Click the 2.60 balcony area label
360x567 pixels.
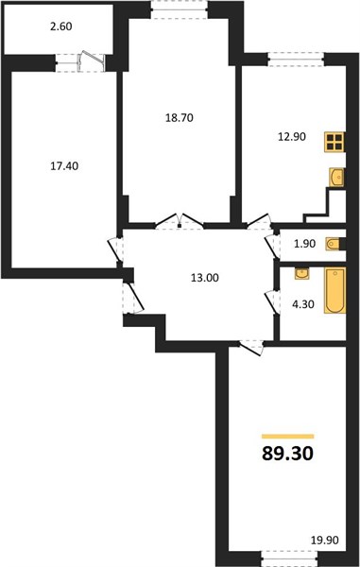(x=61, y=26)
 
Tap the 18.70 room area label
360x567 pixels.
(x=180, y=118)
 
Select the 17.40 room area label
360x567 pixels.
(x=64, y=166)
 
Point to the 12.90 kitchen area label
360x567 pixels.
(x=292, y=137)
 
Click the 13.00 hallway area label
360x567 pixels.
(x=205, y=278)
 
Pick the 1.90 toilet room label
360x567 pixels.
(x=304, y=244)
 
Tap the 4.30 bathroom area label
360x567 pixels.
(x=303, y=304)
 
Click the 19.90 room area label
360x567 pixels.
(x=325, y=541)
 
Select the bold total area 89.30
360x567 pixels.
(x=287, y=453)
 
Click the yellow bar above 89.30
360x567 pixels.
(x=287, y=436)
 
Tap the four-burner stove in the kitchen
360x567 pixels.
(x=334, y=142)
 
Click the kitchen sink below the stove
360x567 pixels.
(x=337, y=178)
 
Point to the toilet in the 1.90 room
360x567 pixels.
(x=335, y=244)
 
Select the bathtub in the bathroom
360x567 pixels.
(x=335, y=290)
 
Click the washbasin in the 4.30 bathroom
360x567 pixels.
(x=301, y=274)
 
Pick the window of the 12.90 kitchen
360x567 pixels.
(x=296, y=60)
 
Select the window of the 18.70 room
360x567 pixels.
(x=180, y=9)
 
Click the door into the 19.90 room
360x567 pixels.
(x=251, y=347)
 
